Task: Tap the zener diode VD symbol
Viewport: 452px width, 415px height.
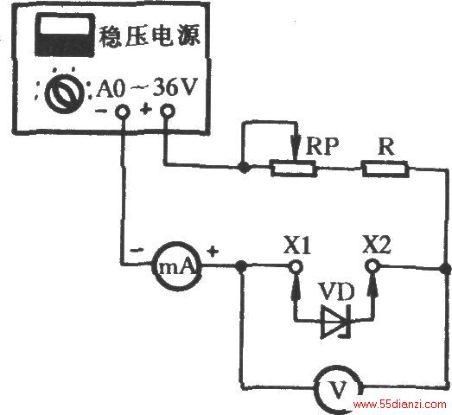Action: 336,321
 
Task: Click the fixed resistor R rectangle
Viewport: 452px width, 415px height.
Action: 385,169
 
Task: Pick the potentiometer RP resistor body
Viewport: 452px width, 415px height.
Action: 294,169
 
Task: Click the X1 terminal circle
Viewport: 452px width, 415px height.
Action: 296,266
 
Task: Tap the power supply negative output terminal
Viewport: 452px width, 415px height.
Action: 123,112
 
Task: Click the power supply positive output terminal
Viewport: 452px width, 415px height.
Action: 168,111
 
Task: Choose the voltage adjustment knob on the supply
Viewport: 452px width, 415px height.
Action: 64,93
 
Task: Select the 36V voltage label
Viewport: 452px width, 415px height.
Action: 175,86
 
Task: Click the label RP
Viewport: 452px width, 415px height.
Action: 321,146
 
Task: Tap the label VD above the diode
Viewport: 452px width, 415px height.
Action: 335,291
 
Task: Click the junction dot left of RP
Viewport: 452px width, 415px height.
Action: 245,167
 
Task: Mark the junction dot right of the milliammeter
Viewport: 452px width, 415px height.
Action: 241,266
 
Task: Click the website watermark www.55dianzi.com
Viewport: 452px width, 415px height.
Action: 400,405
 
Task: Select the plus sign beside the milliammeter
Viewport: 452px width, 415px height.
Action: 213,252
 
